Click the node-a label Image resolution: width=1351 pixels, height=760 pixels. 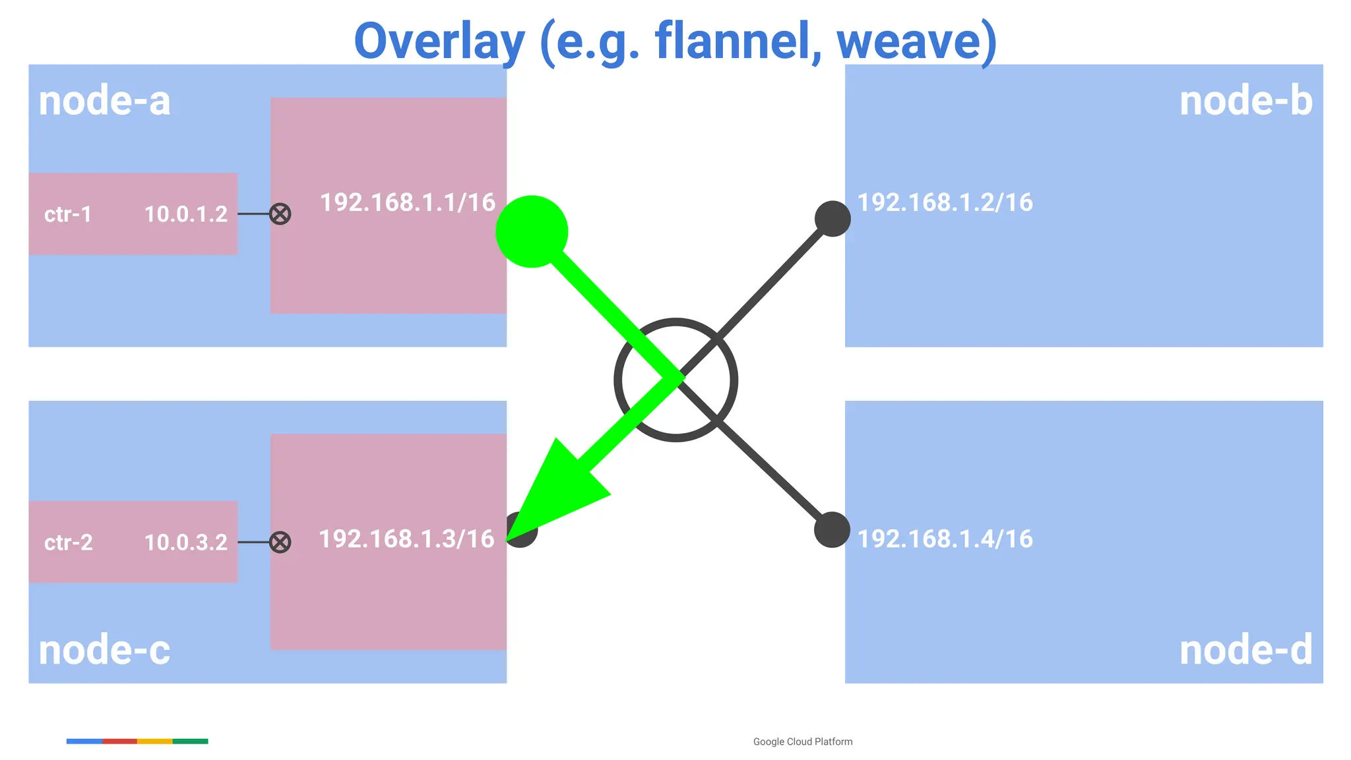(x=104, y=102)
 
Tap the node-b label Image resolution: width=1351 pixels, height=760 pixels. (x=1245, y=102)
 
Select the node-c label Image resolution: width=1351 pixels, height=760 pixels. (x=104, y=651)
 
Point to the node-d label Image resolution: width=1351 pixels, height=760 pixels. (x=1245, y=651)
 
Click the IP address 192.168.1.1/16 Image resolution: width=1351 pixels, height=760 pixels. (x=408, y=202)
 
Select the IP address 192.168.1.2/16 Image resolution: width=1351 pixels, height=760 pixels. (x=945, y=202)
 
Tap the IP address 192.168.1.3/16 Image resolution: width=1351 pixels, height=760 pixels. (x=406, y=539)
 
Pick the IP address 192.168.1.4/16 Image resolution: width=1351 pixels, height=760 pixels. (x=945, y=539)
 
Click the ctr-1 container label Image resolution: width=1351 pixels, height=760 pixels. (x=68, y=214)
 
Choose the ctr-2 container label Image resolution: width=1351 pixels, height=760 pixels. (x=69, y=542)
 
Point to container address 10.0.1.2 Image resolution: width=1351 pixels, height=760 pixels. (x=185, y=214)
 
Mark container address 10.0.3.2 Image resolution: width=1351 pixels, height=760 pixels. (x=185, y=542)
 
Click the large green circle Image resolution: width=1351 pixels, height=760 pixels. (x=531, y=231)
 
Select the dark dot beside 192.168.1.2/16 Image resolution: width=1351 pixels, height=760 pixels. (x=833, y=219)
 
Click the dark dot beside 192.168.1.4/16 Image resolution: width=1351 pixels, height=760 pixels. (x=832, y=529)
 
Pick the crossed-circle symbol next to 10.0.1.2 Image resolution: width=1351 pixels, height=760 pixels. (x=280, y=214)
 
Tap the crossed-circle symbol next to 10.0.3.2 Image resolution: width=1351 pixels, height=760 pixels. (x=280, y=542)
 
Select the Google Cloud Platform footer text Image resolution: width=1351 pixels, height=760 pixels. (x=802, y=742)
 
